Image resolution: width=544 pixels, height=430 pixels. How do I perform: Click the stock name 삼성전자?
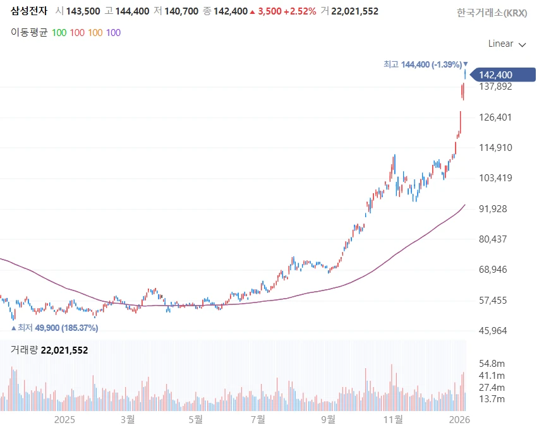click(28, 11)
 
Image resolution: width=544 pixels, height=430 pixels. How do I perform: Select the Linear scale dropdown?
click(507, 44)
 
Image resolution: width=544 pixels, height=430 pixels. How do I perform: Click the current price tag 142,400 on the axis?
click(495, 75)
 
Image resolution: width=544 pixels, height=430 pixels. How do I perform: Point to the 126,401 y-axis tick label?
click(495, 117)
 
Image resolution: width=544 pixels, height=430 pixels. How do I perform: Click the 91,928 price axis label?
click(495, 209)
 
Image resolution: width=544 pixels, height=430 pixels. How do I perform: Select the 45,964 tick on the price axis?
click(495, 331)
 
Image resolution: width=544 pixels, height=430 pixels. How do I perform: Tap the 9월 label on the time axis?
click(327, 419)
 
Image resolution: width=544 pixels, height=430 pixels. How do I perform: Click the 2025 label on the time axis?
click(65, 419)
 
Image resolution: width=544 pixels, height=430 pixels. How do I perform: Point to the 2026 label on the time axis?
click(459, 419)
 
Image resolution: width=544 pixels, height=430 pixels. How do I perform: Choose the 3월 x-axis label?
click(128, 419)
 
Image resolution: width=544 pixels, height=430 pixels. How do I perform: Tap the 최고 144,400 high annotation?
click(423, 64)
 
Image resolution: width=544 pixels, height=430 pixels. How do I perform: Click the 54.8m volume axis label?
click(492, 364)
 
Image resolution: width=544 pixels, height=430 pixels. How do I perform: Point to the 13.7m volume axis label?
click(492, 399)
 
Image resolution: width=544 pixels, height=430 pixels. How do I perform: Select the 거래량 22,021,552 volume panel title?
click(49, 350)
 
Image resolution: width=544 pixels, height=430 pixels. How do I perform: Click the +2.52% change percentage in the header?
click(299, 11)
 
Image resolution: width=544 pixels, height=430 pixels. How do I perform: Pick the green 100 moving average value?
click(59, 32)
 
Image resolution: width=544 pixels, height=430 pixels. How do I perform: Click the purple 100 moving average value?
click(113, 32)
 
